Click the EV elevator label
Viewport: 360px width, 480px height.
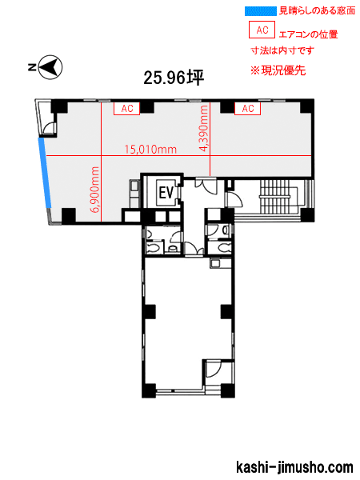point(166,193)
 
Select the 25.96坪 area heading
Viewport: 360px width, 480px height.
point(174,78)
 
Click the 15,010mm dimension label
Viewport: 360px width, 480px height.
point(150,150)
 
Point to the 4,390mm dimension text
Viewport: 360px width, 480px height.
point(203,128)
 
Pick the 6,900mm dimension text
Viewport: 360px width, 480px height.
point(95,190)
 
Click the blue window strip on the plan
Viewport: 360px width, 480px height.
point(45,174)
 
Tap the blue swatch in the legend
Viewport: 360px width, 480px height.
point(261,11)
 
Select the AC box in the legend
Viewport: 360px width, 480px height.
point(262,30)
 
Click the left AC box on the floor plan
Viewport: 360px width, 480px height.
point(126,108)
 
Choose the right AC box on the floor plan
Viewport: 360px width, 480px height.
point(248,108)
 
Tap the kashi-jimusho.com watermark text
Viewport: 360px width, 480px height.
point(294,468)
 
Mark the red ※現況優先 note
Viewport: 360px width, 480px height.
point(278,70)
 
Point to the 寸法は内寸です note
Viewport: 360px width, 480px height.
point(282,50)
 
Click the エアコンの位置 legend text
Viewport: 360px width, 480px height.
point(308,34)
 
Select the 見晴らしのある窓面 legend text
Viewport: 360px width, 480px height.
point(317,10)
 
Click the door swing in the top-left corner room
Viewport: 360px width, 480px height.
point(49,129)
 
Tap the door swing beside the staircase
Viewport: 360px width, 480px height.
point(234,199)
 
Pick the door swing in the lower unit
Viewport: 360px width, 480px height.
point(213,369)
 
